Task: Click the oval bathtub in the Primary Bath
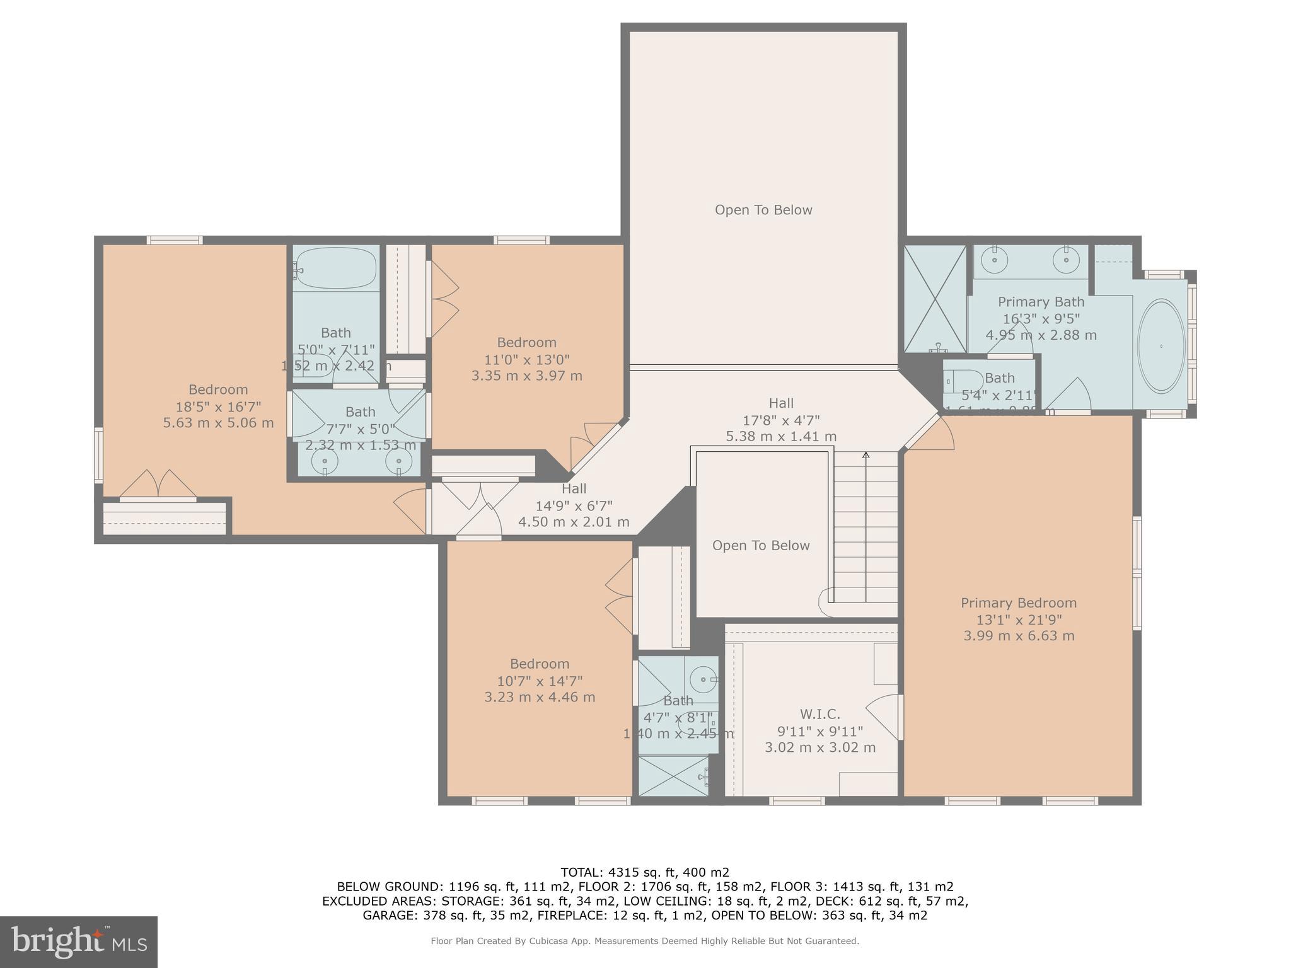1161,346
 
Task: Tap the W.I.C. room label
819,714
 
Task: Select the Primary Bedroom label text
1018,603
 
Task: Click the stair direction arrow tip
865,454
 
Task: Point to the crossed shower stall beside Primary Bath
935,299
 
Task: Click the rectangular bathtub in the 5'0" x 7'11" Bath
335,268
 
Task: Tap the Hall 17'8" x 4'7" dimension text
781,420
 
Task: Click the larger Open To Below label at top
763,210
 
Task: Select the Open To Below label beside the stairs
760,546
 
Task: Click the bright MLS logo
79,942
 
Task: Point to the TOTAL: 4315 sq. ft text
644,872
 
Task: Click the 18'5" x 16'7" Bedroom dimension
218,406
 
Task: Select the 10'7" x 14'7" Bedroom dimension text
540,681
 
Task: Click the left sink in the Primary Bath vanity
995,259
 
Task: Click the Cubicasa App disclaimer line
644,941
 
